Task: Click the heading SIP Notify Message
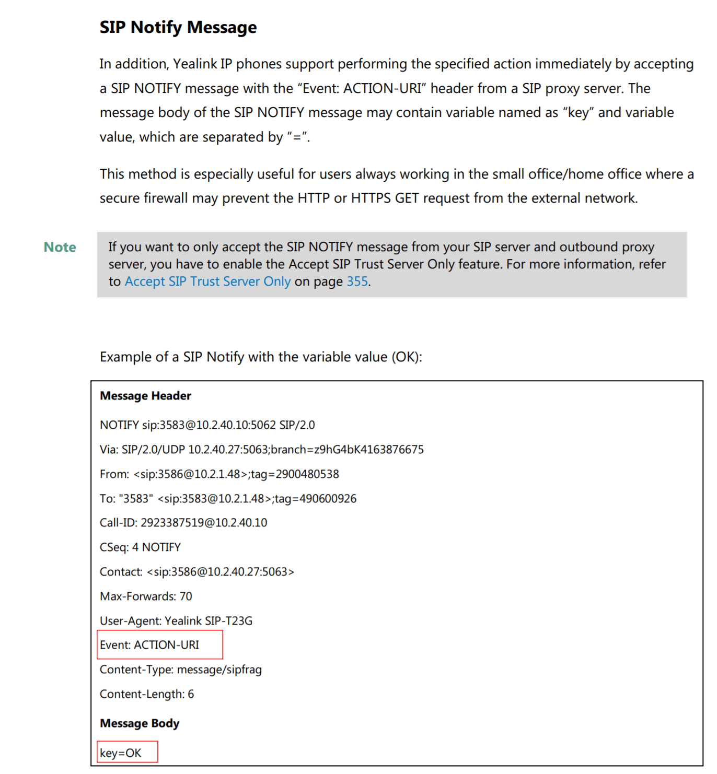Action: (x=178, y=27)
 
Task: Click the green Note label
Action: (x=60, y=247)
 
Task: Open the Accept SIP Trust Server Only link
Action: (x=207, y=282)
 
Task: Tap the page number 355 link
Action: (x=357, y=282)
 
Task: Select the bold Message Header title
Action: (x=145, y=396)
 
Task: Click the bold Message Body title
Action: (x=140, y=723)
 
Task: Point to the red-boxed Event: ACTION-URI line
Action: (x=149, y=645)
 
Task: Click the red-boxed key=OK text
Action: (x=121, y=753)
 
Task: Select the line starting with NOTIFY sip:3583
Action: (x=207, y=425)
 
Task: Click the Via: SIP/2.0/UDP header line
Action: (x=261, y=450)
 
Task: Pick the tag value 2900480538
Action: (x=307, y=474)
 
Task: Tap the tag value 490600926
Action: (x=328, y=499)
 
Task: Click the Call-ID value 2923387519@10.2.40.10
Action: (x=204, y=523)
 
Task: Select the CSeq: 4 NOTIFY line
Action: (x=140, y=547)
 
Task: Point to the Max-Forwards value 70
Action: (x=186, y=596)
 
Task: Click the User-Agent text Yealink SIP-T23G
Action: (x=209, y=621)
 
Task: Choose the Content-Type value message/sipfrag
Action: (x=219, y=670)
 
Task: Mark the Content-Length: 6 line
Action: (x=147, y=694)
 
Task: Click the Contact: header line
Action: (x=197, y=572)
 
